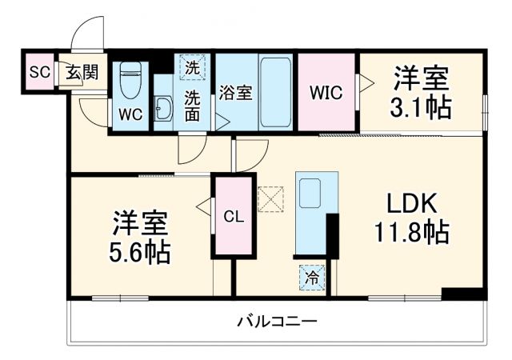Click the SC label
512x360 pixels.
(39, 73)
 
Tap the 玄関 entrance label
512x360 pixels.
(82, 73)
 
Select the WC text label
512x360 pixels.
(130, 114)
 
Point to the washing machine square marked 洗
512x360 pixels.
(191, 67)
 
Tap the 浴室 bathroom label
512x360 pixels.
(236, 93)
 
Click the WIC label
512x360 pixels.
(326, 93)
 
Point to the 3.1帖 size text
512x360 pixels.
(421, 106)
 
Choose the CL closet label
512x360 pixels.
(233, 215)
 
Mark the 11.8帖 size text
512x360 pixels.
(410, 233)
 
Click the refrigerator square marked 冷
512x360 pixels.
(313, 279)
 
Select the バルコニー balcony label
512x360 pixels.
(278, 322)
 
